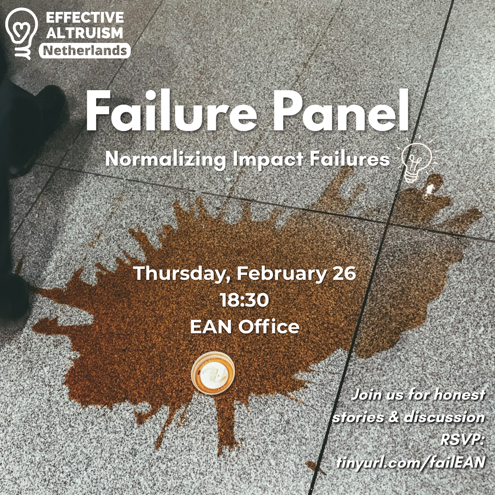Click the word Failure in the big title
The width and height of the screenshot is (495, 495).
[171, 111]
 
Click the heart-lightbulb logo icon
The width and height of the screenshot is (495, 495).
[22, 33]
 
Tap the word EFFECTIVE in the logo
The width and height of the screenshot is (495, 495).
[85, 17]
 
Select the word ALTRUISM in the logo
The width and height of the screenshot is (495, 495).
[84, 33]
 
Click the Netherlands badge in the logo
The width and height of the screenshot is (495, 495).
[85, 51]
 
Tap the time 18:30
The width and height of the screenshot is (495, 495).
[245, 300]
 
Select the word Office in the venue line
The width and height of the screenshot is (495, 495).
[269, 327]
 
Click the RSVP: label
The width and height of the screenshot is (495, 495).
[462, 440]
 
